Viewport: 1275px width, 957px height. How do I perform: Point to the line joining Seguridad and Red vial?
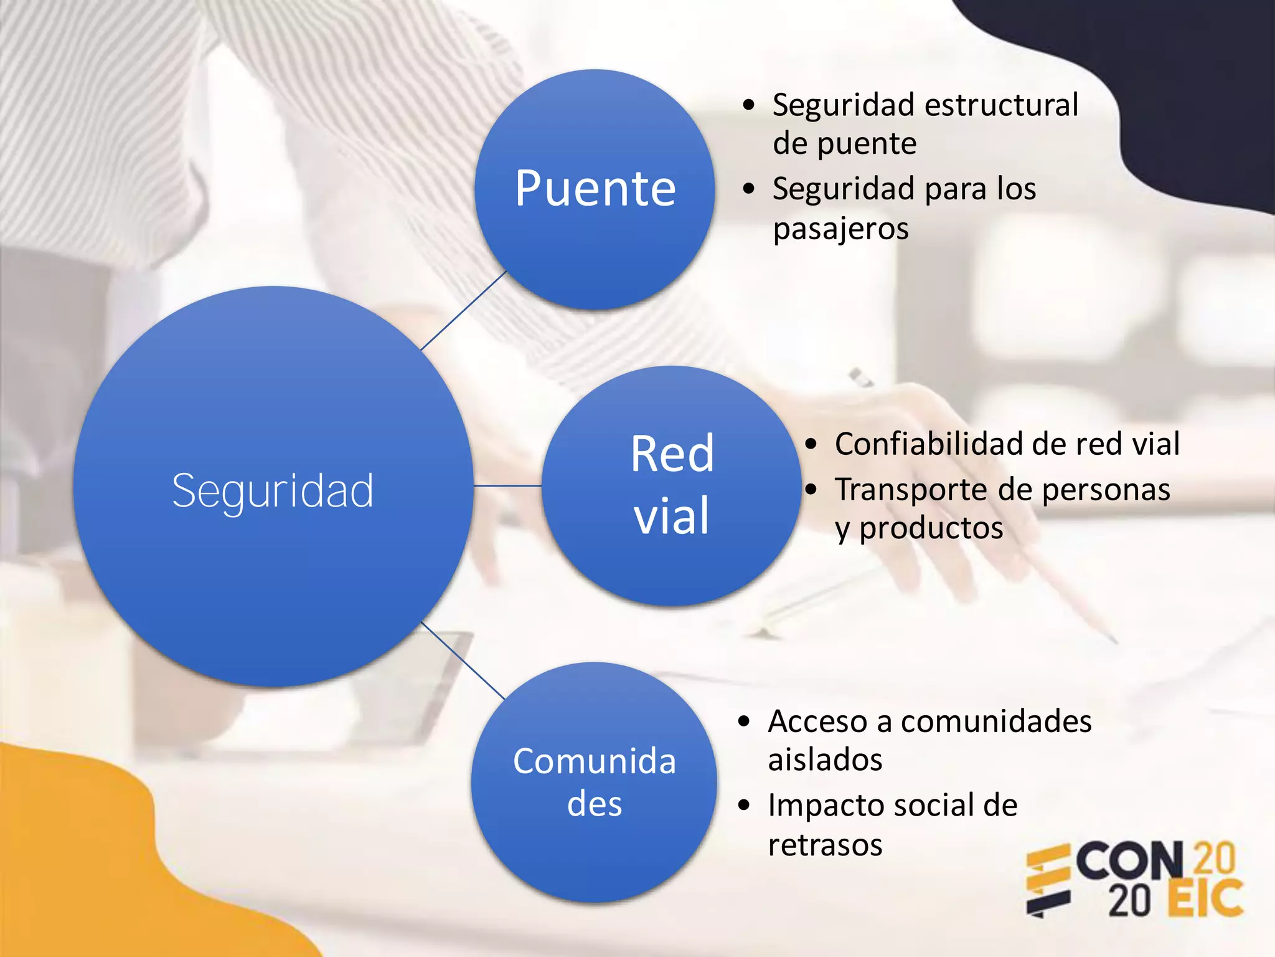pos(507,485)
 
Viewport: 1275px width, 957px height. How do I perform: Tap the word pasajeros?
pos(840,229)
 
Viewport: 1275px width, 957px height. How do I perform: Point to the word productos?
pos(931,528)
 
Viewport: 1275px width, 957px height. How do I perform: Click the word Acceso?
pos(817,721)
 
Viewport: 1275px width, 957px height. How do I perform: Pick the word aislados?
pos(825,760)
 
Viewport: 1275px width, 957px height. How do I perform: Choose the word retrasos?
pos(825,845)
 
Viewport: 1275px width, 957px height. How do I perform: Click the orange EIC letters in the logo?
pos(1205,899)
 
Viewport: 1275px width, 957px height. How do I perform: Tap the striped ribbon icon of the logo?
pos(1047,880)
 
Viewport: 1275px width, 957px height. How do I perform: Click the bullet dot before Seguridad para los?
pos(748,188)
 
